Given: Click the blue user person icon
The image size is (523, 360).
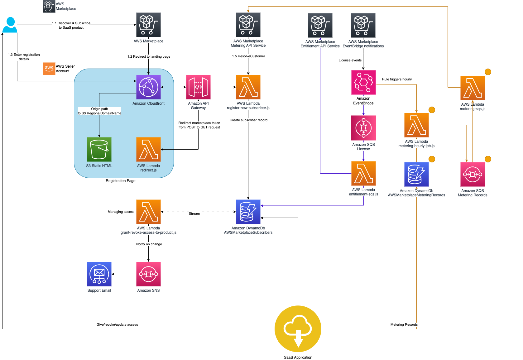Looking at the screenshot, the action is [10, 25].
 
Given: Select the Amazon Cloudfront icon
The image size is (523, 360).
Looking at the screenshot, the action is [148, 87].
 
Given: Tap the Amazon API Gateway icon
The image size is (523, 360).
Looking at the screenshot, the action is [198, 87].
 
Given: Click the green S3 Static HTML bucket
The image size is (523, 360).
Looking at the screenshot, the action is [99, 149].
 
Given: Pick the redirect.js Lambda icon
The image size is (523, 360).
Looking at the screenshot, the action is [148, 149].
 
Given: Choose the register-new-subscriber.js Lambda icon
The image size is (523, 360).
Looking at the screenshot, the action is [248, 87].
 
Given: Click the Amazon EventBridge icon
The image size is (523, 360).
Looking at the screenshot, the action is [363, 82].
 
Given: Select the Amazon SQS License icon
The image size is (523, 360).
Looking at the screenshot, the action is [363, 128].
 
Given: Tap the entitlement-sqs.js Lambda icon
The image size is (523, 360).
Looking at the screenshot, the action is [363, 174].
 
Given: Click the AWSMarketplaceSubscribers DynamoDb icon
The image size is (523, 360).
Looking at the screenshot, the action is [248, 212].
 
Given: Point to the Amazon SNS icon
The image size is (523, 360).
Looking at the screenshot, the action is [148, 274].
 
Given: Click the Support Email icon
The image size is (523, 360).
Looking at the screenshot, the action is [99, 274].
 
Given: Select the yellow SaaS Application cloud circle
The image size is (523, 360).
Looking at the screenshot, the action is [298, 329].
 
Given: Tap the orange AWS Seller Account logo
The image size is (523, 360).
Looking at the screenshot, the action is [49, 69].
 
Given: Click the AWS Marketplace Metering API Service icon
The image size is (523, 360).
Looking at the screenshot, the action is [248, 25].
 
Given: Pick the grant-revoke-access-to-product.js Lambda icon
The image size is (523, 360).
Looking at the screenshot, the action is [148, 212].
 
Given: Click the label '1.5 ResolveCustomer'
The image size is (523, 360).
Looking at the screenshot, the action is [248, 56].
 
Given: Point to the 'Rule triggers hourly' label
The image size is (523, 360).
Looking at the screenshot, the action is [397, 79].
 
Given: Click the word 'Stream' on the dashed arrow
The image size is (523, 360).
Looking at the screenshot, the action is [194, 214].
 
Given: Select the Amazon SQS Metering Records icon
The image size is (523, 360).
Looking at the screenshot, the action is [472, 175].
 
